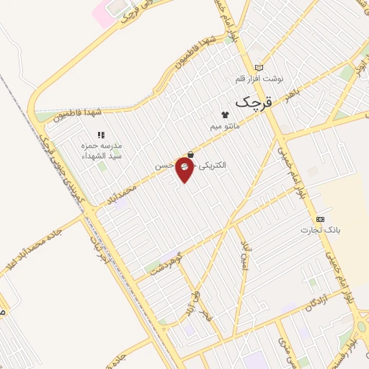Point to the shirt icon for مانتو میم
(x=224, y=115)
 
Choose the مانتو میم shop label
(x=224, y=126)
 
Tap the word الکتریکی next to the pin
(x=210, y=165)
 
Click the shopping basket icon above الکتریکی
(x=190, y=154)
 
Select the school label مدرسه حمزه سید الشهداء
(x=101, y=151)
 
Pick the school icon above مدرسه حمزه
(x=101, y=135)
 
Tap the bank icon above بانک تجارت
(x=320, y=219)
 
